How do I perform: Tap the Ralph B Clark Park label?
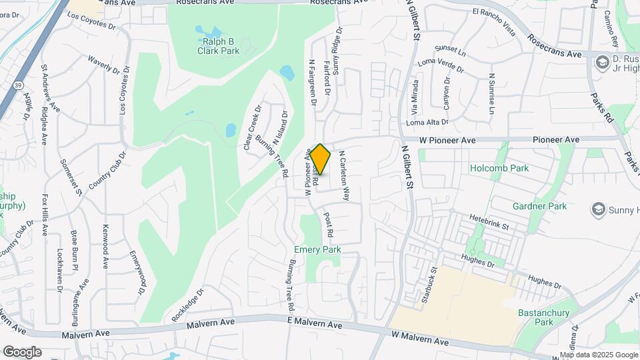(217, 45)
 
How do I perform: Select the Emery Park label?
(317, 249)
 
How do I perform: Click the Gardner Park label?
(539, 206)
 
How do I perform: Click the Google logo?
(23, 351)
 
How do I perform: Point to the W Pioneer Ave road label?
(447, 140)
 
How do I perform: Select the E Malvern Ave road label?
(316, 325)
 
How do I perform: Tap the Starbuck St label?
(428, 286)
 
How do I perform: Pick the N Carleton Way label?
(344, 175)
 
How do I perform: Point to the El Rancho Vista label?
(494, 12)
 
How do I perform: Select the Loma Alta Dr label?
(427, 123)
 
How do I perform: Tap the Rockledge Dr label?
(187, 306)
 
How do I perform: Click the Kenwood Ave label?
(105, 245)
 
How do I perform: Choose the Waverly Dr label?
(102, 65)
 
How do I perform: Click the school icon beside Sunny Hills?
(597, 210)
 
